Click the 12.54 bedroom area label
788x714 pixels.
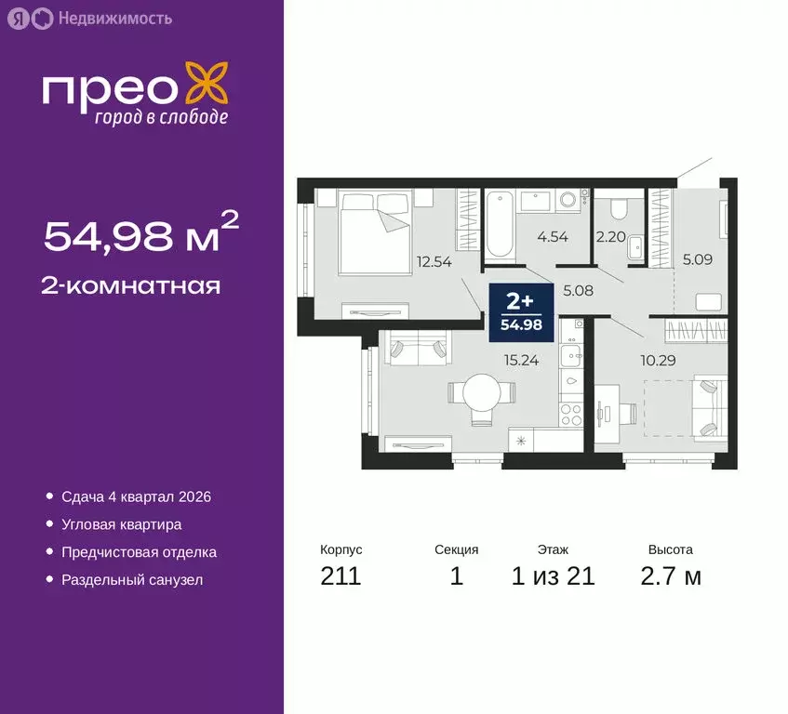tap(435, 261)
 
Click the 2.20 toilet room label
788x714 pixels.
tap(609, 236)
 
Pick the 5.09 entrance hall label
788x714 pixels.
tap(697, 260)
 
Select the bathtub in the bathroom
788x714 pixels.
tap(500, 224)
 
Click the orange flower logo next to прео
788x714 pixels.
tap(207, 85)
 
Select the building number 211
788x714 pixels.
tap(341, 576)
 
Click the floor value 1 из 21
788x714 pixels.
tap(553, 576)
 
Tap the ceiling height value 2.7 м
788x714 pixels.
tap(670, 576)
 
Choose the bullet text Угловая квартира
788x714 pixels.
tap(121, 524)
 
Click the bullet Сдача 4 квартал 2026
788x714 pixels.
tap(136, 496)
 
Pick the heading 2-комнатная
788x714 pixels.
tap(131, 285)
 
